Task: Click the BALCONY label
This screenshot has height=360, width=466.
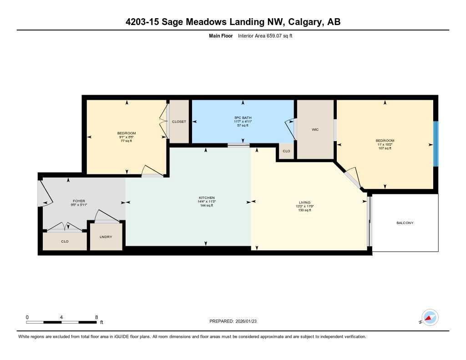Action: tap(405, 223)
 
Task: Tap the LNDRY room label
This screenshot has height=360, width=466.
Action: tap(106, 237)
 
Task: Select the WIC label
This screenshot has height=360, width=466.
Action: tap(315, 130)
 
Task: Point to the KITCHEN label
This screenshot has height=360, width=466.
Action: tap(206, 198)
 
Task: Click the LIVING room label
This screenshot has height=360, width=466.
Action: tap(304, 203)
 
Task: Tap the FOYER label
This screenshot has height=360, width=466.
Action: tap(79, 201)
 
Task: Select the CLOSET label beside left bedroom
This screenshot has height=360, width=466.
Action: tap(178, 122)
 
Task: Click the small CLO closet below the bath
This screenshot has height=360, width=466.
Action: tap(286, 151)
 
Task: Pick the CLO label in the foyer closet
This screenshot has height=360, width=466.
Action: tap(65, 241)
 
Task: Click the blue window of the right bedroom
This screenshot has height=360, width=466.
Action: tap(436, 144)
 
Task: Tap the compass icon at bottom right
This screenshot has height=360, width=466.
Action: tap(430, 317)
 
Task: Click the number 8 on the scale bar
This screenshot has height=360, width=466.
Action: tap(96, 317)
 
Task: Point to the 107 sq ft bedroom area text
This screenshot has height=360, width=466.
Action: tap(385, 148)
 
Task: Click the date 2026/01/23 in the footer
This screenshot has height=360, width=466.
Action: tap(249, 321)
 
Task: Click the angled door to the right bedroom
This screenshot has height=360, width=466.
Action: tap(353, 179)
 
